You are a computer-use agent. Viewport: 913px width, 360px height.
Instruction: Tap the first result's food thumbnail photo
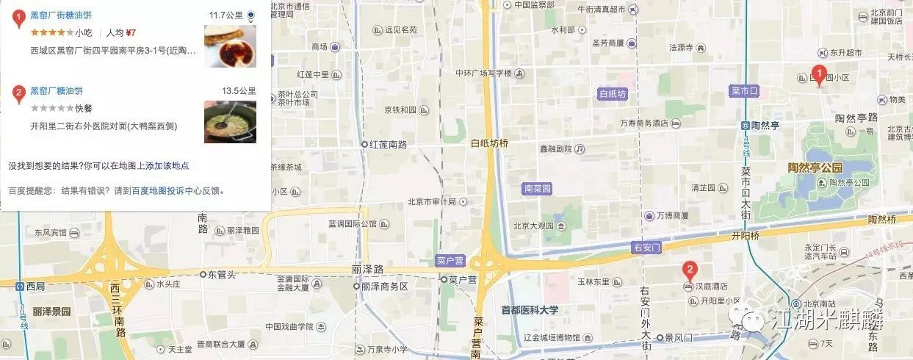pos(229,46)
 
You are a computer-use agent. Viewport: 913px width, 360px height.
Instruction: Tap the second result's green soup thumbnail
pos(229,121)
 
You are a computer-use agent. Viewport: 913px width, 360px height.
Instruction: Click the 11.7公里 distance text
pos(226,15)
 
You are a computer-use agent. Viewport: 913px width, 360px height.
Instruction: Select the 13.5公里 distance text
pos(239,91)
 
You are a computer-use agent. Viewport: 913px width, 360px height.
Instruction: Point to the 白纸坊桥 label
pos(489,143)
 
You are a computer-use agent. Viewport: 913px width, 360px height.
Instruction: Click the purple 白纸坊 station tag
pos(612,94)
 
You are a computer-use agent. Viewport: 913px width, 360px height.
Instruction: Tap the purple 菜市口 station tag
pos(744,90)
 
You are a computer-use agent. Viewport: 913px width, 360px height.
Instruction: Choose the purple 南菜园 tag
pos(538,189)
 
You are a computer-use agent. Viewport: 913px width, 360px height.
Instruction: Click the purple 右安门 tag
pos(646,248)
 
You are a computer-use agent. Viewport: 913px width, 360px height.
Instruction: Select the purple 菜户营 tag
pos(450,261)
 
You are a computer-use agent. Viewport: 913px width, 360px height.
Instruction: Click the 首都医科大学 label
pos(530,310)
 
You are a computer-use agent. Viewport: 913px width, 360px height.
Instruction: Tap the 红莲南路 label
pos(388,144)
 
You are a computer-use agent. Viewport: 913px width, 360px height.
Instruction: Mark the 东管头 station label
pos(220,274)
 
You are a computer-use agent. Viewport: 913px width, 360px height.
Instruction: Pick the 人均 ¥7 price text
pos(121,32)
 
